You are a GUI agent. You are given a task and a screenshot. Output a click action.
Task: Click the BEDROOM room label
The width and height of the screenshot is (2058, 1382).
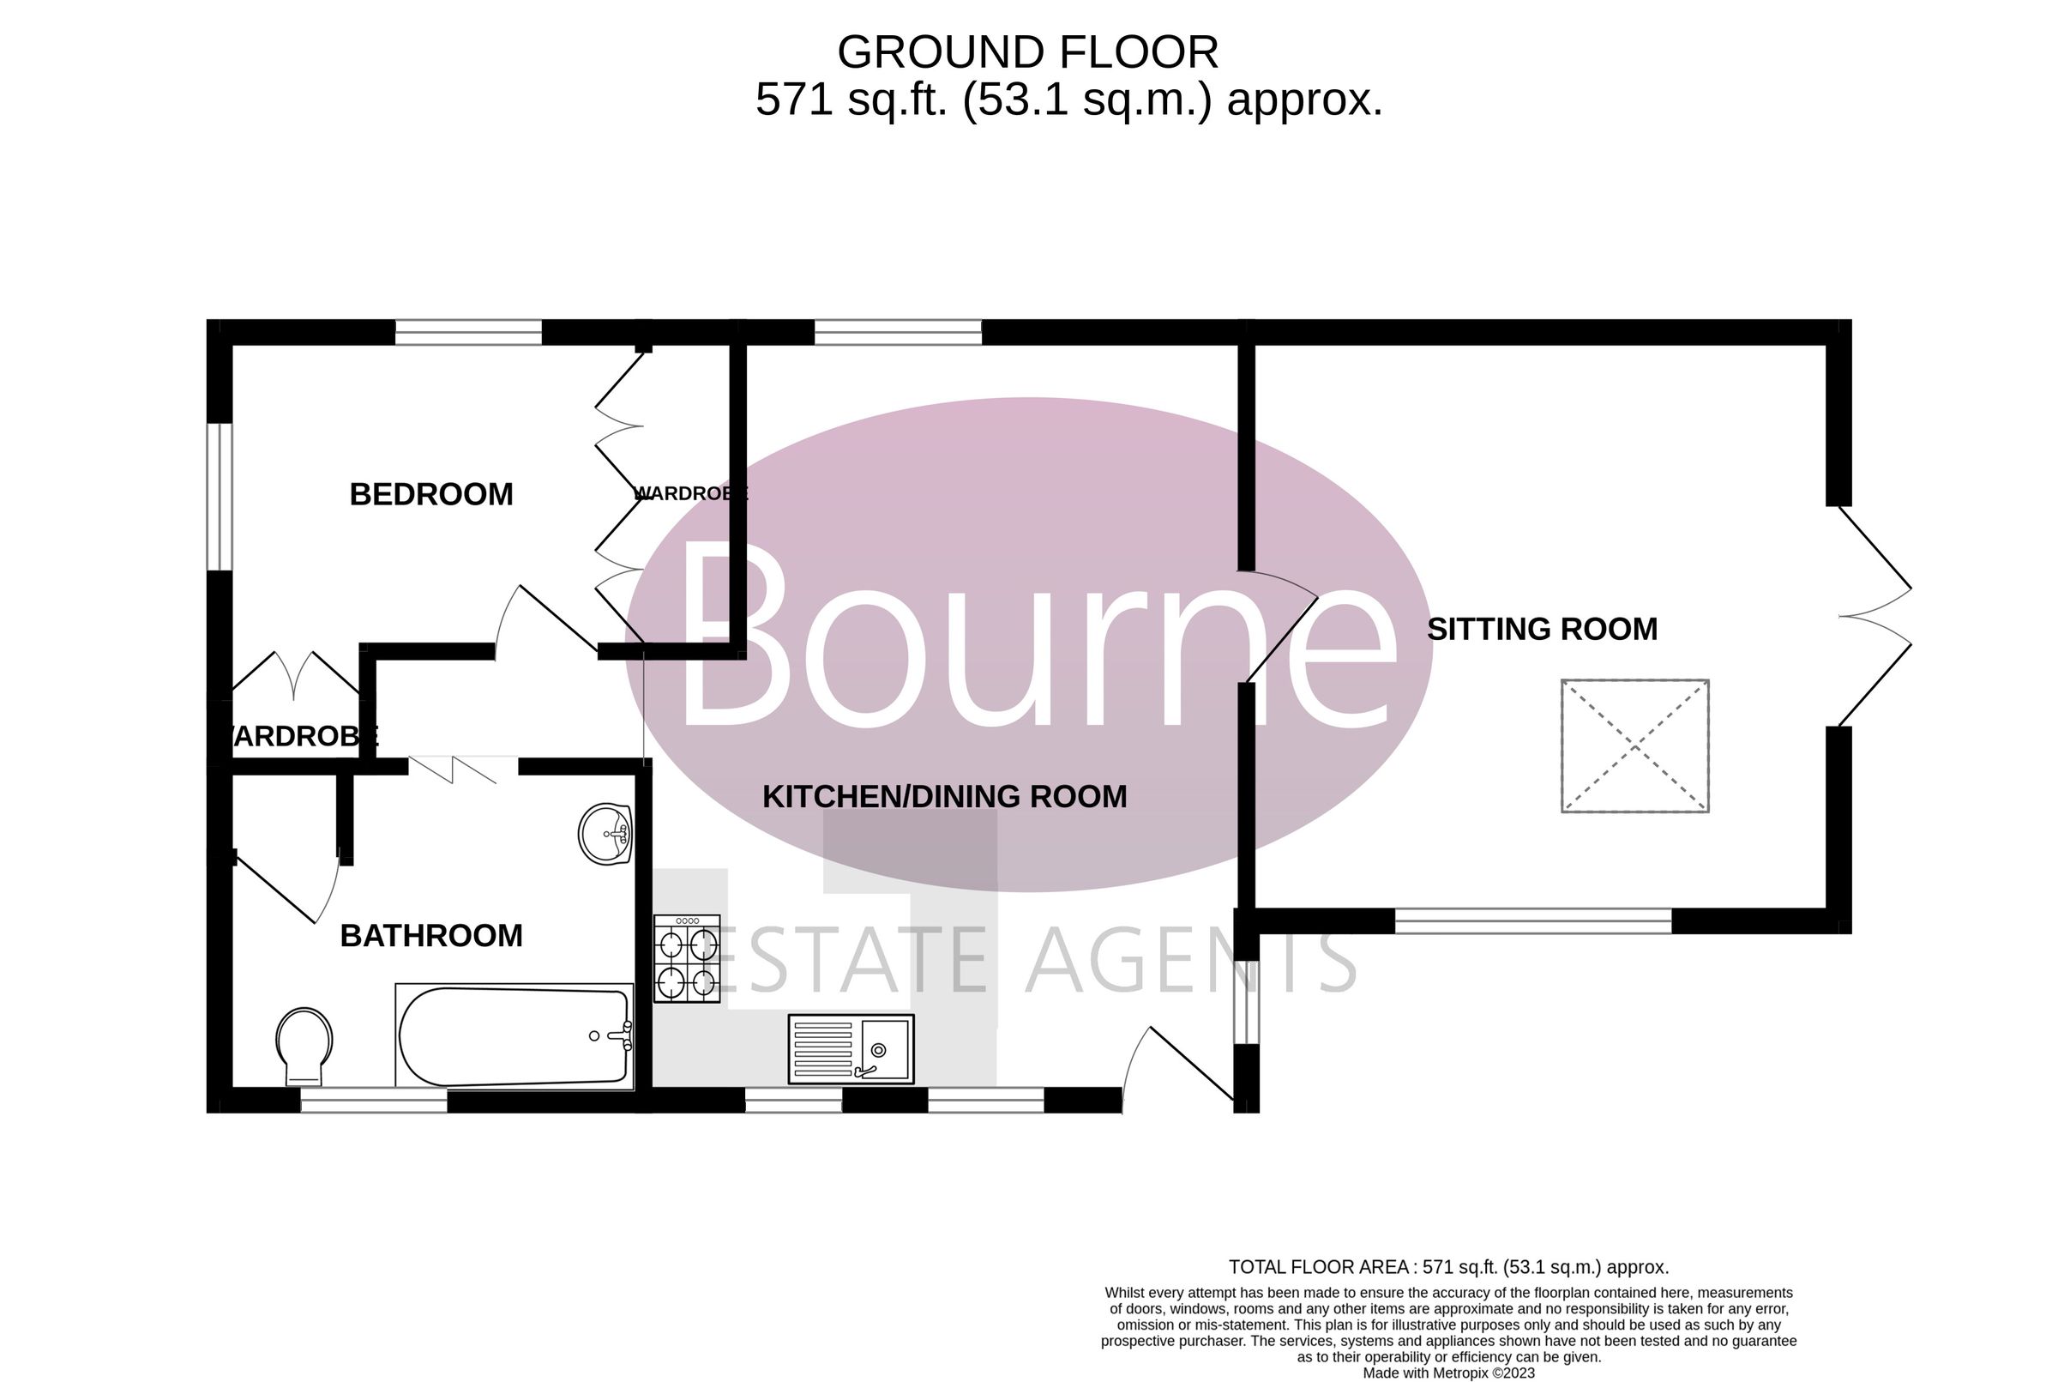coord(430,494)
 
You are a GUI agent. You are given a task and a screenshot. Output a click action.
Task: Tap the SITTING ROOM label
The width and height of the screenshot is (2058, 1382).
coord(1542,630)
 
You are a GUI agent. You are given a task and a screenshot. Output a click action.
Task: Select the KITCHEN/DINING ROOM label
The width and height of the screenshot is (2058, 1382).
coord(944,797)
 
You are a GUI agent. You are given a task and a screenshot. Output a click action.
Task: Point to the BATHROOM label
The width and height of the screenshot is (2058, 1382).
coord(430,936)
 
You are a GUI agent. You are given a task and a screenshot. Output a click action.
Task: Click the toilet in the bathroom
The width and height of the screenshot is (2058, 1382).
coord(304,1047)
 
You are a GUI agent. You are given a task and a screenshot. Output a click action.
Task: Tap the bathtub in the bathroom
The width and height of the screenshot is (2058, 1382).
coord(514,1036)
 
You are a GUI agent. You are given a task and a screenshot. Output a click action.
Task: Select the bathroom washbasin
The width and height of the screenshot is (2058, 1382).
coord(605,834)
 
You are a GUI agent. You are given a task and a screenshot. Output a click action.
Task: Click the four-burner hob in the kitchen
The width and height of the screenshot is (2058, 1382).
coord(686,958)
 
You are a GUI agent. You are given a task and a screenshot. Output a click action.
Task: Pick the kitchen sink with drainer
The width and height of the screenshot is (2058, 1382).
coord(850,1049)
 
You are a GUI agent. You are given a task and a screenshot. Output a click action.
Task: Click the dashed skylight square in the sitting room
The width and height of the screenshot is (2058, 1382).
coord(1635,745)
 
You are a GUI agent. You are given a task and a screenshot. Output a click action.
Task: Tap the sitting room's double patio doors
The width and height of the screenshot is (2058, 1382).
coord(1874,616)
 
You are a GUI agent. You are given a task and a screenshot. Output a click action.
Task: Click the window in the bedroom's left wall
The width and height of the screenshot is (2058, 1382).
coord(220,497)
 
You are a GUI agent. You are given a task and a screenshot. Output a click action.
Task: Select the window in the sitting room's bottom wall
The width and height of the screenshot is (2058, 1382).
coord(1533,921)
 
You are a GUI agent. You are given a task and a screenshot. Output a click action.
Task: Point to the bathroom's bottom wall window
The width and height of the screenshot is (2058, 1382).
coord(374,1100)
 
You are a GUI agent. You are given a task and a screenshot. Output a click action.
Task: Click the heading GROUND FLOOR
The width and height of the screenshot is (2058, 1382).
coord(1027,52)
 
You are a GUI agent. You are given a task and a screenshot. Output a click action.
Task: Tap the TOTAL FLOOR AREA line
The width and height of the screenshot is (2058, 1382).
coord(1448,1267)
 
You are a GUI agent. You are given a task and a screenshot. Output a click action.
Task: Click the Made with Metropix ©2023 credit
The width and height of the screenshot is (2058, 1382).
coord(1448,1373)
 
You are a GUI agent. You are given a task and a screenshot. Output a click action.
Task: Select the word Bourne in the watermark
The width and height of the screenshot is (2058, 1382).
coord(1036,635)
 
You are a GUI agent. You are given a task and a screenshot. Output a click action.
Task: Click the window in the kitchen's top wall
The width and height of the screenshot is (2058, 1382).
coord(898,332)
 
